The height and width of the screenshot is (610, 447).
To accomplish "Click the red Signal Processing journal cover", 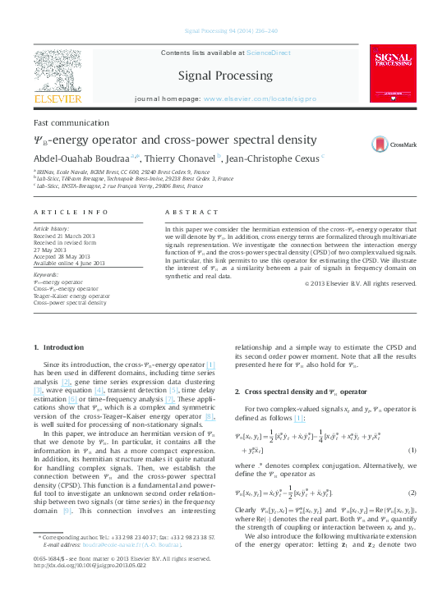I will [x=394, y=74].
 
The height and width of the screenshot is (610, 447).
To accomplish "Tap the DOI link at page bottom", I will [x=84, y=587].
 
